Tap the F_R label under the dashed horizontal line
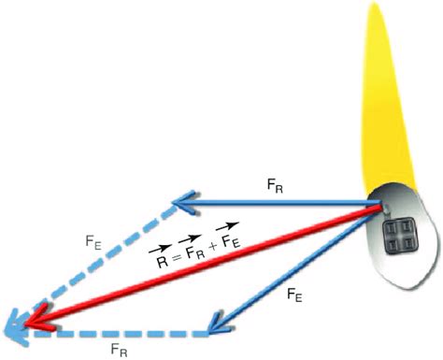click(x=118, y=349)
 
